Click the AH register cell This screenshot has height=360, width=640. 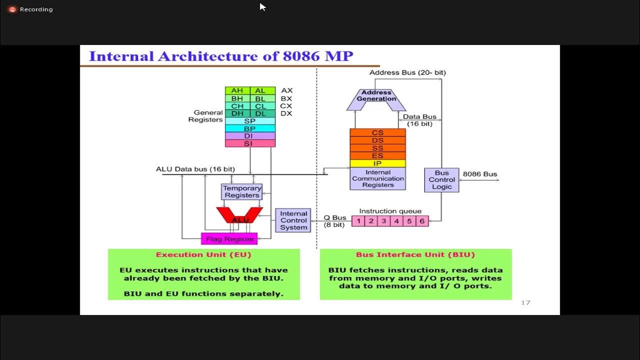pyautogui.click(x=237, y=90)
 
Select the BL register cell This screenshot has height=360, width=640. pyautogui.click(x=260, y=98)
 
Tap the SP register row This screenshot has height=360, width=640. pyautogui.click(x=250, y=121)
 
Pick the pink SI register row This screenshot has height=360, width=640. pyautogui.click(x=250, y=143)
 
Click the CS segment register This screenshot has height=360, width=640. pyautogui.click(x=377, y=132)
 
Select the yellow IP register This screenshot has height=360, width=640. pyautogui.click(x=377, y=163)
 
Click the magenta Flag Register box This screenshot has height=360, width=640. pyautogui.click(x=229, y=239)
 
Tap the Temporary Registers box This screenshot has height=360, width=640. pyautogui.click(x=242, y=191)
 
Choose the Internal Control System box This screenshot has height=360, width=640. pyautogui.click(x=293, y=220)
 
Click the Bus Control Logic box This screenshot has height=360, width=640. pyautogui.click(x=441, y=180)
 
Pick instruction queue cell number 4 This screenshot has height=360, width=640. pyautogui.click(x=396, y=221)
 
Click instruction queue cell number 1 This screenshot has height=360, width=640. pyautogui.click(x=358, y=221)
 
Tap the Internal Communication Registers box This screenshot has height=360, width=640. pyautogui.click(x=377, y=178)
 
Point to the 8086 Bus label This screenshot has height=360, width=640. pyautogui.click(x=480, y=174)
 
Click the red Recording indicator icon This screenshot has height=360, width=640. pyautogui.click(x=12, y=9)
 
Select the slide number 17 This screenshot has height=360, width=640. pyautogui.click(x=525, y=302)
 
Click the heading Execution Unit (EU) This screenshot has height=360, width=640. pyautogui.click(x=203, y=254)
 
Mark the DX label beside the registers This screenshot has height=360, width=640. pyautogui.click(x=286, y=113)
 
